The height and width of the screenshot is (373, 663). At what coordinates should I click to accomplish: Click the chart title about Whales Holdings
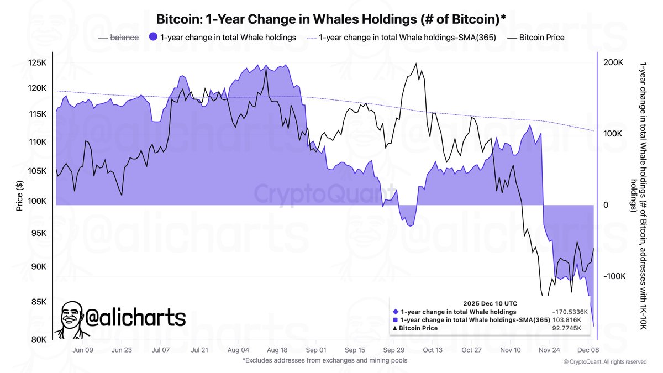point(331,19)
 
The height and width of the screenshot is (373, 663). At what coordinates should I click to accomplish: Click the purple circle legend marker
point(153,38)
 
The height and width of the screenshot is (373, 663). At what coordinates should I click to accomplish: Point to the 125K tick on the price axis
point(38,63)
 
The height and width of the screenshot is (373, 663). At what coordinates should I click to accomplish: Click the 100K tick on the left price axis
point(38,202)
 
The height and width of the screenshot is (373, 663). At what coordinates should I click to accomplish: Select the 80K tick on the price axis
point(40,339)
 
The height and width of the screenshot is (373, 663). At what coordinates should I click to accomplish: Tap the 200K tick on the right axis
point(613,63)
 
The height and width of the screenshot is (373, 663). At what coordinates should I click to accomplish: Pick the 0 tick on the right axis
point(606,205)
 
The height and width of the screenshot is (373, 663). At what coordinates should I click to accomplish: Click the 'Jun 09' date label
point(82,350)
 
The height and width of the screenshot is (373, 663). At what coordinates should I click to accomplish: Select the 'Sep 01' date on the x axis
point(315,350)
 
